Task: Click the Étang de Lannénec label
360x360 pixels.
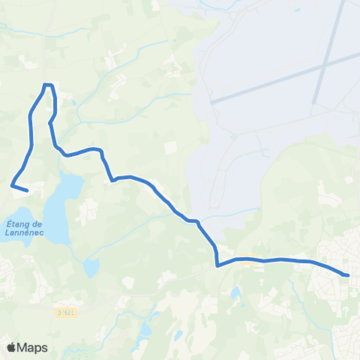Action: pyautogui.click(x=27, y=227)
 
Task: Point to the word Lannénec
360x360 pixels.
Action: pyautogui.click(x=27, y=232)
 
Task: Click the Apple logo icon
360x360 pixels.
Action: pyautogui.click(x=11, y=347)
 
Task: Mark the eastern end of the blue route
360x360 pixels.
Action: pyautogui.click(x=348, y=275)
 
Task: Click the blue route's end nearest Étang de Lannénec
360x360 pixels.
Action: pyautogui.click(x=27, y=190)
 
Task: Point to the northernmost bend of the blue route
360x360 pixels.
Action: pyautogui.click(x=47, y=85)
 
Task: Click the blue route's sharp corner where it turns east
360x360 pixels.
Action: pyautogui.click(x=217, y=265)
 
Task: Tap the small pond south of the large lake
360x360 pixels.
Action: pyautogui.click(x=91, y=267)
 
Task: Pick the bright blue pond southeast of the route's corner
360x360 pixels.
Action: pyautogui.click(x=236, y=292)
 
